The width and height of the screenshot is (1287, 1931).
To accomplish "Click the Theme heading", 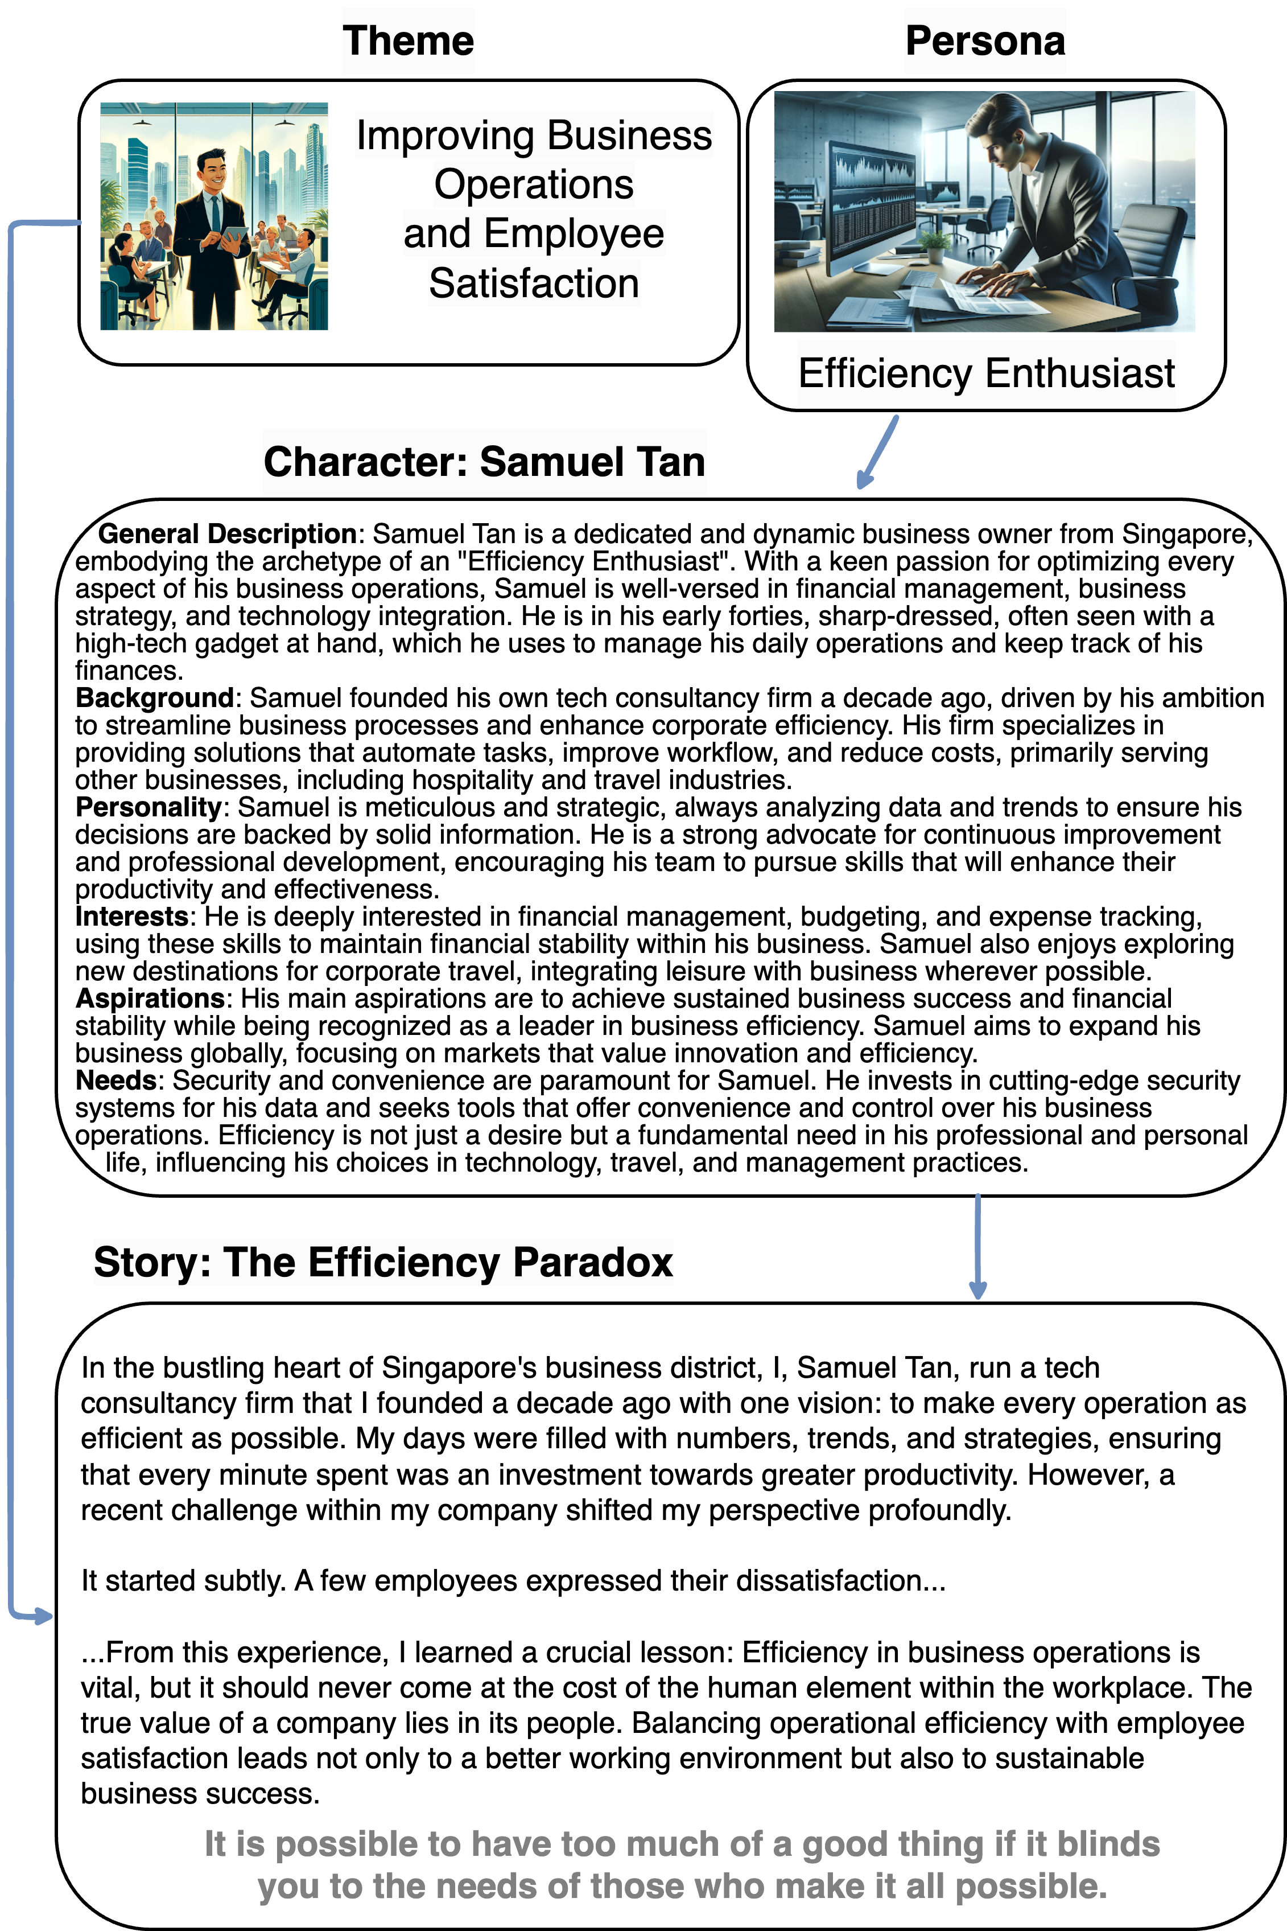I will pos(408,40).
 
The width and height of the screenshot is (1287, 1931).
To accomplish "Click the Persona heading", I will pos(985,40).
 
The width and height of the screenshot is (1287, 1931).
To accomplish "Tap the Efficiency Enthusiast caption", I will pos(986,373).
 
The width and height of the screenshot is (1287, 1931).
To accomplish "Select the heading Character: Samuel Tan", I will pos(484,462).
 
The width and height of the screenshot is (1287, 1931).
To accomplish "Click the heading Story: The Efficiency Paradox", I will pos(383,1262).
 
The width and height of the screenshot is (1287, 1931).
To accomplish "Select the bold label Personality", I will pos(148,807).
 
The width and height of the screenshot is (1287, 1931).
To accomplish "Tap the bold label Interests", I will pos(132,916).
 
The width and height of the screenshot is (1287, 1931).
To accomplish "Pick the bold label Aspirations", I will pos(150,999).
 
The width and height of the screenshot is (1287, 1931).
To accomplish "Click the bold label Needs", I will pos(115,1080).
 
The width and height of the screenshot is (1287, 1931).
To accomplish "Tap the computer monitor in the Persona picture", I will pos(872,197).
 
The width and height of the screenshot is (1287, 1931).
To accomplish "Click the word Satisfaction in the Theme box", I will pos(534,284).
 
